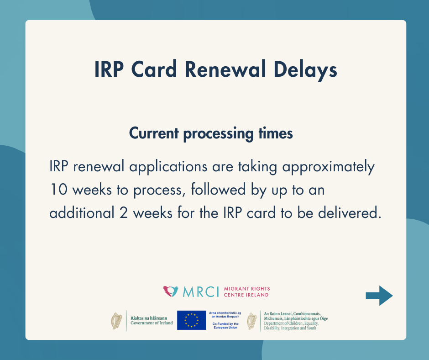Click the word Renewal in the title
coord(225,69)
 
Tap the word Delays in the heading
coord(305,70)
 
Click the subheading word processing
coord(218,134)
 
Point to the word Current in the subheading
coord(154,133)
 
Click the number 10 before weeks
coord(58,189)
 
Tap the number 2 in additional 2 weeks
coord(123,212)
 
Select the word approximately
coord(328,167)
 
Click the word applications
coord(168,167)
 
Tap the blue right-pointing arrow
coord(379,296)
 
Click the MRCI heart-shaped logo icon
coord(170,291)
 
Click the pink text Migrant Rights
coord(247,289)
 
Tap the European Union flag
coord(191,320)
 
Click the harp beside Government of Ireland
coord(116,321)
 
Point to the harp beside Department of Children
coord(252,321)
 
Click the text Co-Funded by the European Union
coord(225,325)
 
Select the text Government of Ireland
coord(152,323)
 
